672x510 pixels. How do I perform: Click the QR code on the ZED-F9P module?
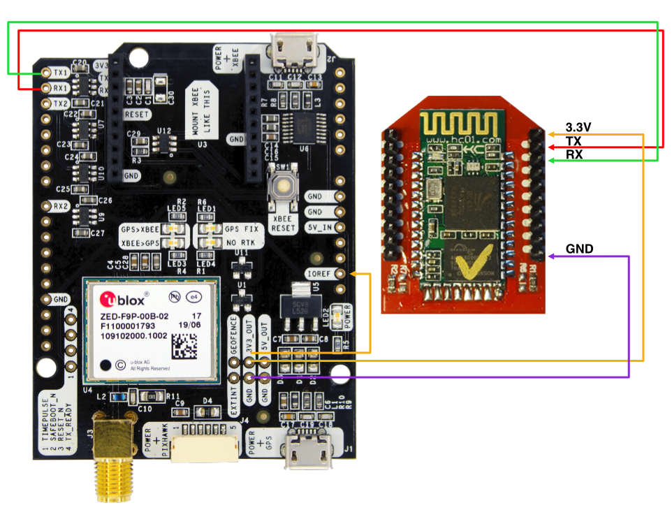[184, 347]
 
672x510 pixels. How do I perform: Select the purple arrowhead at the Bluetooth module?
[552, 256]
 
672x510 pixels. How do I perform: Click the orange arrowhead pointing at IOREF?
[353, 273]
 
